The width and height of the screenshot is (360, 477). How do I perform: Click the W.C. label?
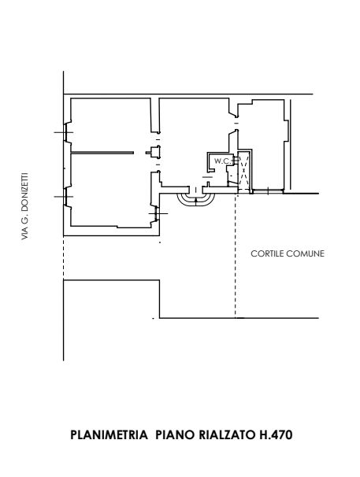point(223,161)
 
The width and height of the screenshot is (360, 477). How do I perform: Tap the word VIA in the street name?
point(25,235)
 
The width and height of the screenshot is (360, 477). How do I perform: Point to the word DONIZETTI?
point(25,190)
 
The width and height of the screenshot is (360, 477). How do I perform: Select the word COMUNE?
point(306,253)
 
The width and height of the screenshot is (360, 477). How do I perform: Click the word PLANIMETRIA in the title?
point(109,434)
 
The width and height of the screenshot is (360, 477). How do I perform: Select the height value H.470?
point(276,434)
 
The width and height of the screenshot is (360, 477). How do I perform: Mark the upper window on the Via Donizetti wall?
point(65,132)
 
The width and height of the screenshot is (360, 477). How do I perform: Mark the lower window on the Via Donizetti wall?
point(65,197)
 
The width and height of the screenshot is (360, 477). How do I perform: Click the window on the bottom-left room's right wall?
point(157,213)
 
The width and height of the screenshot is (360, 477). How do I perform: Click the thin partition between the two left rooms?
point(102,153)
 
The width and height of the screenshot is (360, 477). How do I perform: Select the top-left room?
point(111,124)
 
